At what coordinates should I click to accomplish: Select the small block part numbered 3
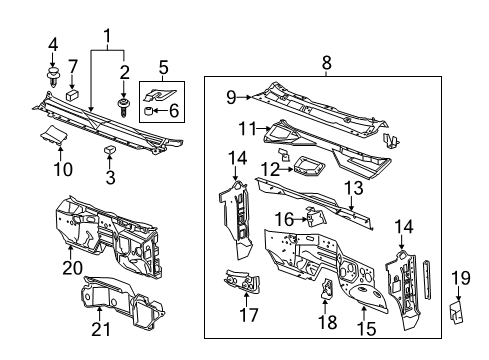pyautogui.click(x=109, y=150)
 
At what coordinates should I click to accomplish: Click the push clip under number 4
pyautogui.click(x=54, y=72)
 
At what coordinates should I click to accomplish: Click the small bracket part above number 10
pyautogui.click(x=59, y=136)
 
